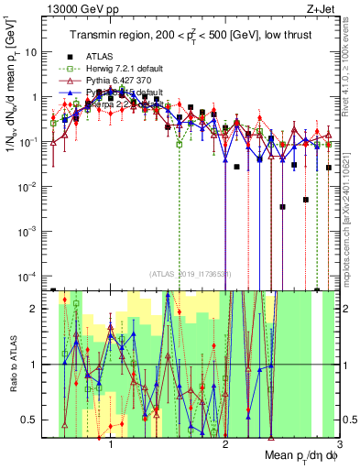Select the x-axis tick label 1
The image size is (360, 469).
[x=111, y=442]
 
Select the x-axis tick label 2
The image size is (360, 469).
[x=225, y=442]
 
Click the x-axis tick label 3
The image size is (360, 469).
[x=338, y=442]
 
